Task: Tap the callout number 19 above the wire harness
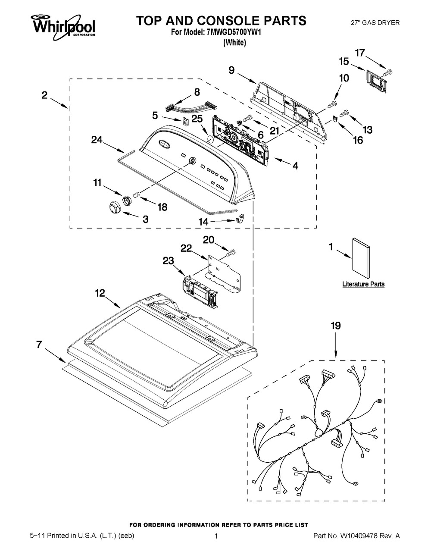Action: tap(335, 326)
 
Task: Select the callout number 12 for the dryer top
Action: tap(100, 293)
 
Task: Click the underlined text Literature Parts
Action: tap(363, 284)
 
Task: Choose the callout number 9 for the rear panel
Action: tap(231, 70)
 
